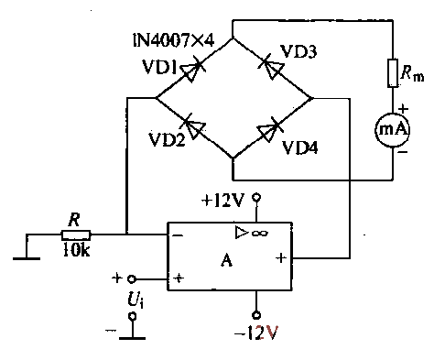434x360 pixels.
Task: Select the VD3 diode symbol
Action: (270, 65)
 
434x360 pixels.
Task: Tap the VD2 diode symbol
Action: (190, 126)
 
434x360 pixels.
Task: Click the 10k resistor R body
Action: (75, 235)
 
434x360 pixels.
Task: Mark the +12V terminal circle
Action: (258, 198)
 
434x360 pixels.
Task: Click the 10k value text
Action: (75, 251)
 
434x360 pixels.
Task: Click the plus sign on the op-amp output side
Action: (278, 258)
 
